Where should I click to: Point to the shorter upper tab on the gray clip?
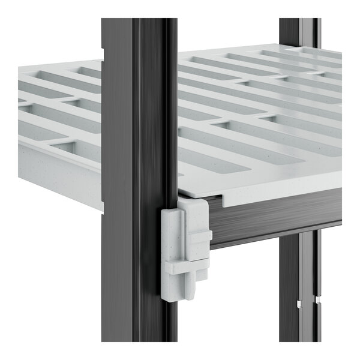click(199, 236)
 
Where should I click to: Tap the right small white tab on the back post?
click(318, 298)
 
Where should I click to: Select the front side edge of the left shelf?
click(60, 180)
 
